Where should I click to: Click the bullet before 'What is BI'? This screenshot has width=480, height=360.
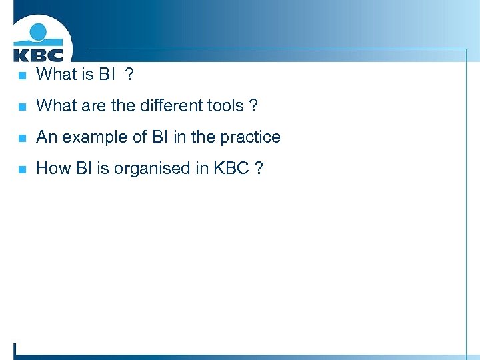coord(21,75)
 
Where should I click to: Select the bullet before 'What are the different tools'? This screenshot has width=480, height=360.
coord(21,107)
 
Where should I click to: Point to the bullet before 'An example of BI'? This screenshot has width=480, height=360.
coord(21,138)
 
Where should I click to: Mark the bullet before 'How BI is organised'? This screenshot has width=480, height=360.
coord(21,169)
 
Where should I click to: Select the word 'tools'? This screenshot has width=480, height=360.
coord(225,105)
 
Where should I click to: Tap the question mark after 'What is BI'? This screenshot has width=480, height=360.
coord(129,74)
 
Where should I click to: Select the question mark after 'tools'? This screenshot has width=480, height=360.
coord(253,105)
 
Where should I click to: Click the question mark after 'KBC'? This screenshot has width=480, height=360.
coord(258,168)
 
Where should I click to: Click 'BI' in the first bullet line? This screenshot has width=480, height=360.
coord(107,74)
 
